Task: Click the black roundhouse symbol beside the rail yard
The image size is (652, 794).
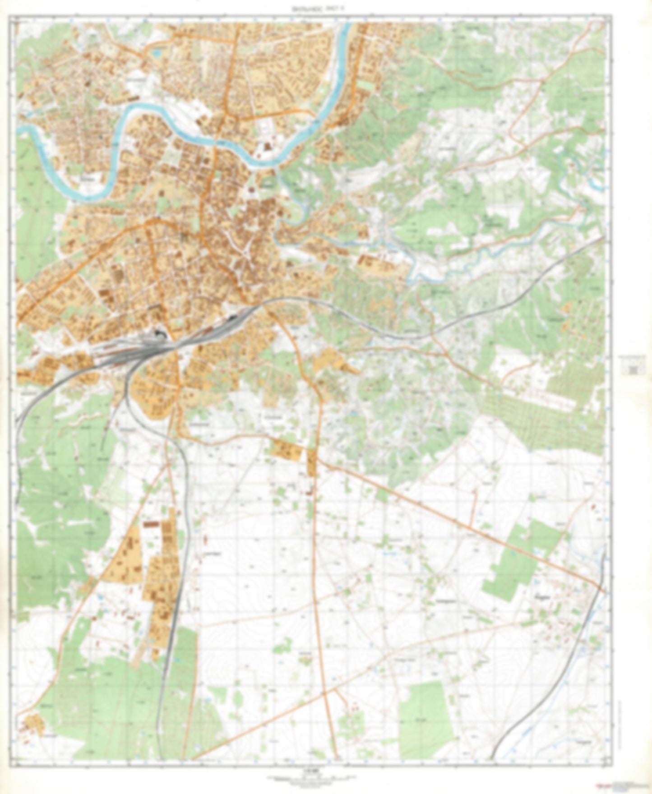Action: coord(159,334)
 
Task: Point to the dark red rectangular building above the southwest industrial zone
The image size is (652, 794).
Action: coord(152,525)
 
